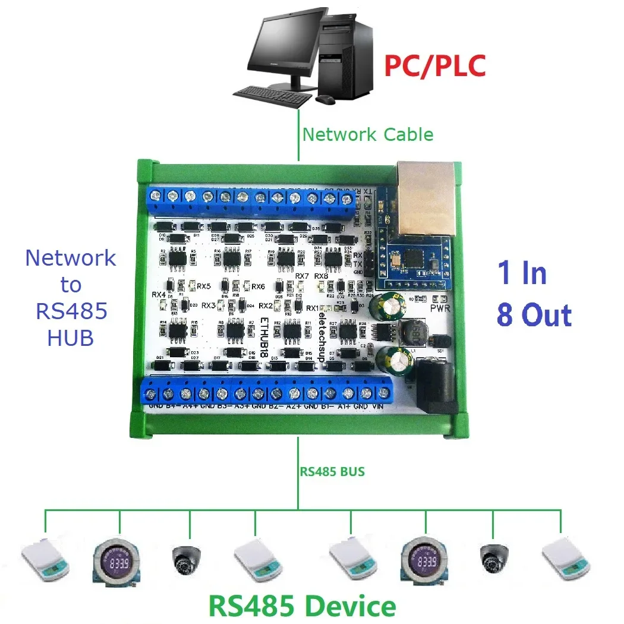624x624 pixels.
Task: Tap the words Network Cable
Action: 368,134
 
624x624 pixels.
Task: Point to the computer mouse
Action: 324,100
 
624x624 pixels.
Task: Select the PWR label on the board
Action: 441,308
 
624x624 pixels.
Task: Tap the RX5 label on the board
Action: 204,286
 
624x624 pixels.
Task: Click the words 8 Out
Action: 534,315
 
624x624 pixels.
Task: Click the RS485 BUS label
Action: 332,472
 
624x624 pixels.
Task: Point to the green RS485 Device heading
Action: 302,606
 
